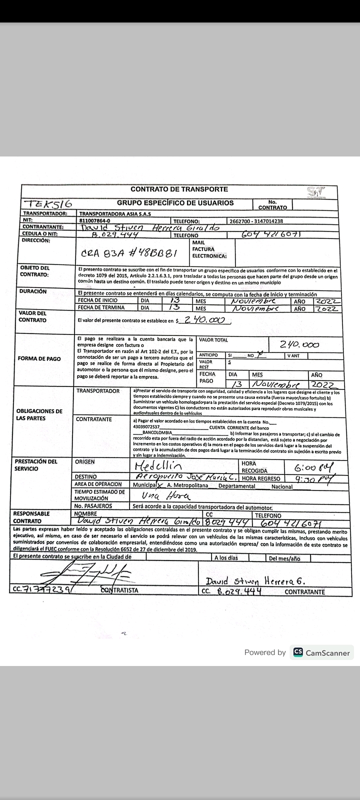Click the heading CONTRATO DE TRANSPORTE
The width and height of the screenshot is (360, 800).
[x=179, y=189]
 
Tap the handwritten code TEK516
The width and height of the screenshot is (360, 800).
[x=50, y=203]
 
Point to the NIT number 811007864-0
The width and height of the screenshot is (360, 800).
[x=95, y=220]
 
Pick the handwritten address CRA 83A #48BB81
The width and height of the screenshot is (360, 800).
[x=129, y=253]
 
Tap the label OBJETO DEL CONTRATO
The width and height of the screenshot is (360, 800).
[x=35, y=271]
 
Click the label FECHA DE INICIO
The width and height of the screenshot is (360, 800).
[x=97, y=300]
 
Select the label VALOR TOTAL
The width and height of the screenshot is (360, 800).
[x=213, y=340]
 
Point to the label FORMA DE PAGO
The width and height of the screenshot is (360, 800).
[x=39, y=358]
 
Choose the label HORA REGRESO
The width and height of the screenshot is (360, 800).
[x=261, y=478]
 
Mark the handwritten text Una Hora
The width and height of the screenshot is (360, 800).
[x=159, y=496]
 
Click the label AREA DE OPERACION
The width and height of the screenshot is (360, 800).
[x=98, y=484]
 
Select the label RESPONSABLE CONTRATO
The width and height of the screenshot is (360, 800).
[x=31, y=517]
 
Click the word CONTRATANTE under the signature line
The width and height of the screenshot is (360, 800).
[x=304, y=592]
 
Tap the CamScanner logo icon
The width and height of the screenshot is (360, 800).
[x=298, y=652]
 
